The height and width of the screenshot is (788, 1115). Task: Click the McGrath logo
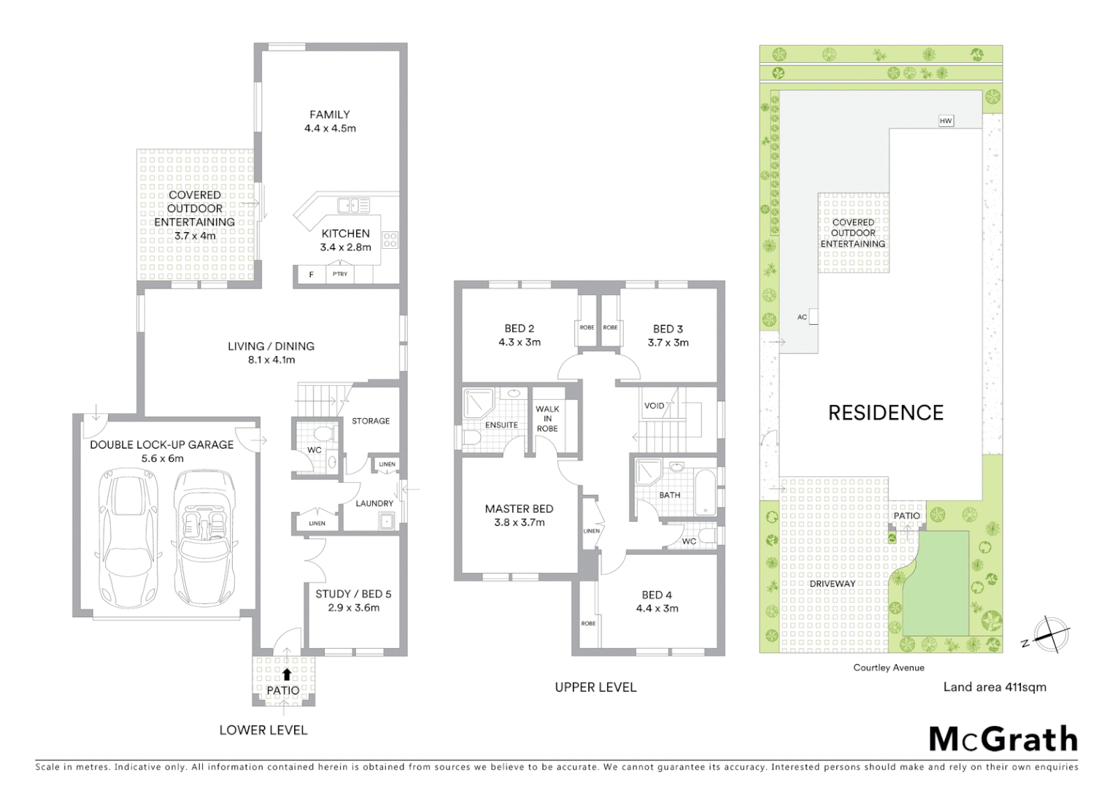(x=1003, y=739)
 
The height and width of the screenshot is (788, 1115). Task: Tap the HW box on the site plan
(x=946, y=121)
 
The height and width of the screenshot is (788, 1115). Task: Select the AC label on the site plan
(x=802, y=317)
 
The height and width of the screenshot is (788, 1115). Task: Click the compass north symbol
(x=1049, y=633)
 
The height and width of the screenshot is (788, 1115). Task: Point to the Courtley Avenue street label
(x=888, y=668)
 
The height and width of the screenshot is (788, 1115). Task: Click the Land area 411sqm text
(x=994, y=687)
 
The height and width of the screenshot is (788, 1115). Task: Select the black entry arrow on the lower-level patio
(x=287, y=675)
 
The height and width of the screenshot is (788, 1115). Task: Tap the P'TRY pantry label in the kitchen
(x=340, y=274)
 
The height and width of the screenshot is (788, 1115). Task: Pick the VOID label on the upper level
(x=654, y=406)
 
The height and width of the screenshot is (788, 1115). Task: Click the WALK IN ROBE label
(x=547, y=419)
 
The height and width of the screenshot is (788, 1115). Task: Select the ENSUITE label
(x=501, y=425)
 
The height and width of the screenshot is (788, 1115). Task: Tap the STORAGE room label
(x=371, y=421)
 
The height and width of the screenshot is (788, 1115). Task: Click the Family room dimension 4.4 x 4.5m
(x=330, y=128)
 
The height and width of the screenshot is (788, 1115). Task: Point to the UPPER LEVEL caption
(x=595, y=687)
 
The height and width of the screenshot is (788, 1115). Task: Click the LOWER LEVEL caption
(x=263, y=730)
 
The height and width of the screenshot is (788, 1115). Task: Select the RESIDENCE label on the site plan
(x=886, y=413)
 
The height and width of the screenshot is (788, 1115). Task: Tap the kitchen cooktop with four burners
(x=390, y=239)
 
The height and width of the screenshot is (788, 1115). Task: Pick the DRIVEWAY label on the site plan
(x=832, y=584)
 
